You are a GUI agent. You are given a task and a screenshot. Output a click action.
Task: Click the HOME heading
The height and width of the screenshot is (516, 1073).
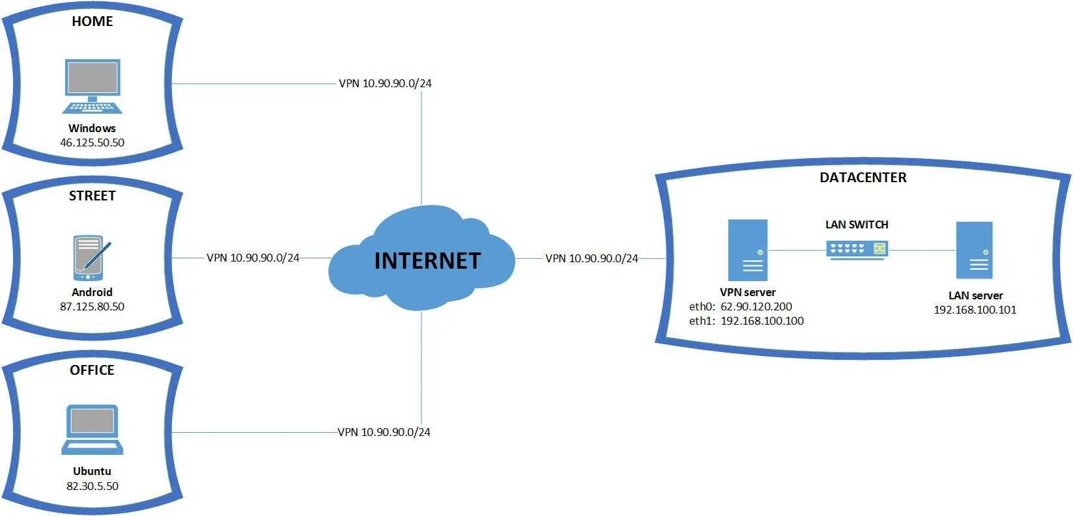point(92,21)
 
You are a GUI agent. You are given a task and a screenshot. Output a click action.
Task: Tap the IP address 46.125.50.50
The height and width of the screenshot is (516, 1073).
point(92,143)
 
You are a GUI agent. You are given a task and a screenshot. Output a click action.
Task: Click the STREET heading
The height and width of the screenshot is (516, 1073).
point(92,196)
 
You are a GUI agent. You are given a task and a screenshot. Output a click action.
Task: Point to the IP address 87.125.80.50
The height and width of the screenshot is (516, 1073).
point(92,306)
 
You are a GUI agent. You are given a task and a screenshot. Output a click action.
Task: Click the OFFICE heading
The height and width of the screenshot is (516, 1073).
point(92,370)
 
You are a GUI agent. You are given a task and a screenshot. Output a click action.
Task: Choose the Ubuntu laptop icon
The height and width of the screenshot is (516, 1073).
point(92,429)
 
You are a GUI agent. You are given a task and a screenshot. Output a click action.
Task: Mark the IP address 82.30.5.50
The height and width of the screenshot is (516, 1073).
point(92,486)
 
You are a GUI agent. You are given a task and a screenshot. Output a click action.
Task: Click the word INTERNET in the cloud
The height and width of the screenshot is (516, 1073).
point(427,261)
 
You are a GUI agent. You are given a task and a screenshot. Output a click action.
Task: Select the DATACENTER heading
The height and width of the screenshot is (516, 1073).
point(863,178)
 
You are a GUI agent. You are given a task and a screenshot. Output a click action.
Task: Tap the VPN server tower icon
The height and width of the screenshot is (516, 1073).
point(747,250)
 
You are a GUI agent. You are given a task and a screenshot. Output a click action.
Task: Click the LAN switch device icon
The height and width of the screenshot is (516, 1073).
point(857,249)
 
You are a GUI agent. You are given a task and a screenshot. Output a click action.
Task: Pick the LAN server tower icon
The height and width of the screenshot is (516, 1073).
point(974,251)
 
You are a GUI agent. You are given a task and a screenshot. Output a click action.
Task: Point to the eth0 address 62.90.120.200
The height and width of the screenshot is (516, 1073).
point(756,306)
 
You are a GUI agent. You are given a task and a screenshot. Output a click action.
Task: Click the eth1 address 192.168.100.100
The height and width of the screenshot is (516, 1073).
point(762,321)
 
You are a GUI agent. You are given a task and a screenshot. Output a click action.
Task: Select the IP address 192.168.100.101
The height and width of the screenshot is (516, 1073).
point(975,310)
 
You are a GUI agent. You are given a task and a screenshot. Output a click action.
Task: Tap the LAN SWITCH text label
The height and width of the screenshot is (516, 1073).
point(857,224)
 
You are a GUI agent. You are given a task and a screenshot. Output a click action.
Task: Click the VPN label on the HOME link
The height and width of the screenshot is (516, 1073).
point(385,83)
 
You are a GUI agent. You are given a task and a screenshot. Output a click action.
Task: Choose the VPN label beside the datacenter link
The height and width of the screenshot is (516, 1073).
point(592,258)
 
